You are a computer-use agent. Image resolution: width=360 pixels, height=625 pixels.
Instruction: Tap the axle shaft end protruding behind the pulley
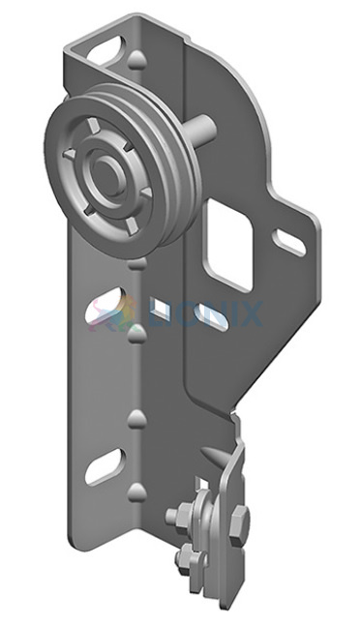pos(205,129)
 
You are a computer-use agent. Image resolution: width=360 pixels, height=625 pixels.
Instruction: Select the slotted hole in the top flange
pos(105,51)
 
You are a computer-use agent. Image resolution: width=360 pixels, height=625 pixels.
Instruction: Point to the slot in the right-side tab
pos(289,242)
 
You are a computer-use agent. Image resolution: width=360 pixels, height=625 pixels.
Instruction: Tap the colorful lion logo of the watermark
pos(111,313)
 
